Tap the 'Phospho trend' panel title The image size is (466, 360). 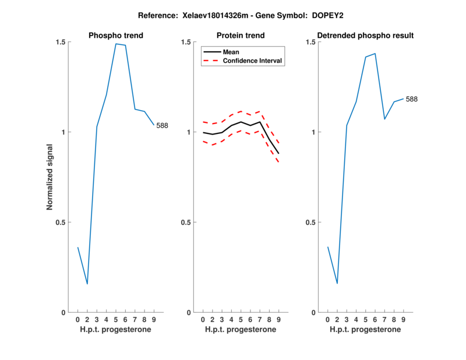(x=116, y=36)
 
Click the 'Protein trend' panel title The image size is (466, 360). (x=241, y=36)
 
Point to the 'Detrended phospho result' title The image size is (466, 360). (x=365, y=36)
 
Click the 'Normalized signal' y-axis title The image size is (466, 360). (x=50, y=177)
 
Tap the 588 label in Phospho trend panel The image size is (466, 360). (x=162, y=125)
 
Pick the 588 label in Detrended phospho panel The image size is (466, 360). (x=411, y=99)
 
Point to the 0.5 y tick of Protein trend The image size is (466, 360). (x=187, y=222)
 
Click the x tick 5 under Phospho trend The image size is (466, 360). (x=116, y=320)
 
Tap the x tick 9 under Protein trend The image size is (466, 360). (x=279, y=320)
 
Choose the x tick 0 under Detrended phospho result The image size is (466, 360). (x=327, y=320)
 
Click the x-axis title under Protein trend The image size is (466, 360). (x=241, y=329)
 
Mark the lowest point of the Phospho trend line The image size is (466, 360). (x=87, y=284)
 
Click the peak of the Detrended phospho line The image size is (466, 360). (x=375, y=54)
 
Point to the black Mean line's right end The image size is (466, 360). (x=279, y=153)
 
